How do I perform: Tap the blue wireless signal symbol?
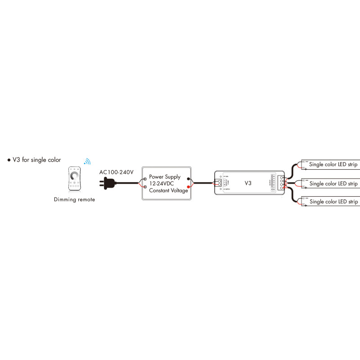point(87,161)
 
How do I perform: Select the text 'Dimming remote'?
point(75,199)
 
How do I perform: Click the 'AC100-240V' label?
point(117,172)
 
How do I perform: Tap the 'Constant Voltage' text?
point(169,190)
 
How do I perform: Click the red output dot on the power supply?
point(188,186)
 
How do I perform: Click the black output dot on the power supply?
point(188,179)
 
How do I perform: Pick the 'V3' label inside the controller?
point(247,184)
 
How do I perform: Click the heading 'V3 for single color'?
point(37,160)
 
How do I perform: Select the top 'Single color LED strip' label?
point(333,165)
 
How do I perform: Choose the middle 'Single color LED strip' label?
point(333,184)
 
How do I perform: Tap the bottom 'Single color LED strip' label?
point(333,202)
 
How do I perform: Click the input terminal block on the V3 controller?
point(219,183)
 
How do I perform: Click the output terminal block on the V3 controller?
point(281,183)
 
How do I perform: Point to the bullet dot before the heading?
point(9,160)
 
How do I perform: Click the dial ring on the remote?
point(75,175)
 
